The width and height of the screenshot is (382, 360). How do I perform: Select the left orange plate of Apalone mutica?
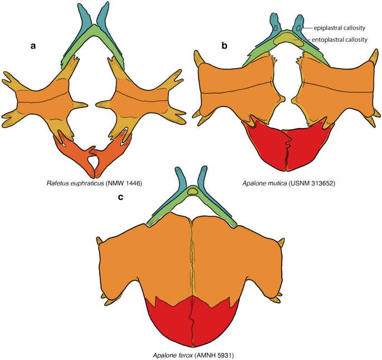[x=237, y=89]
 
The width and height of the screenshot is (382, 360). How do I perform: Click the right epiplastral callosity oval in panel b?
[x=299, y=27]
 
